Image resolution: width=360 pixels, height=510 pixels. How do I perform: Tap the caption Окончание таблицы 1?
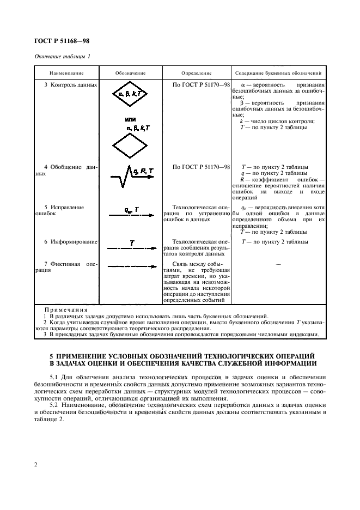coord(62,57)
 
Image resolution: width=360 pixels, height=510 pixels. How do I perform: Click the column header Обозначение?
coord(129,72)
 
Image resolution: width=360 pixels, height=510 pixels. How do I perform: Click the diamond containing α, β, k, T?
coord(130,95)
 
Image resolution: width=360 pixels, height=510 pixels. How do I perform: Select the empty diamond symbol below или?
coord(130,145)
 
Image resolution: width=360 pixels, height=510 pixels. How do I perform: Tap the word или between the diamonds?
coord(130,119)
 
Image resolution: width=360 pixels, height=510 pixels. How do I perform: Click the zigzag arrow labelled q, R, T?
coord(130,177)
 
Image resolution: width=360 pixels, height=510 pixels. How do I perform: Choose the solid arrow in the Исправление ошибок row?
coord(130,216)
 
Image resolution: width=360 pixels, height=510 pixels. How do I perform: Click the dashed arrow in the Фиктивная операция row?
coord(130,266)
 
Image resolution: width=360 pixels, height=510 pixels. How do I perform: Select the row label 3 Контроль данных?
coord(70,85)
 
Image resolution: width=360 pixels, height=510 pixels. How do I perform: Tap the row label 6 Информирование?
coord(70,241)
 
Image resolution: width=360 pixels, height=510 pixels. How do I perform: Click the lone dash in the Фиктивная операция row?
coord(278,264)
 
